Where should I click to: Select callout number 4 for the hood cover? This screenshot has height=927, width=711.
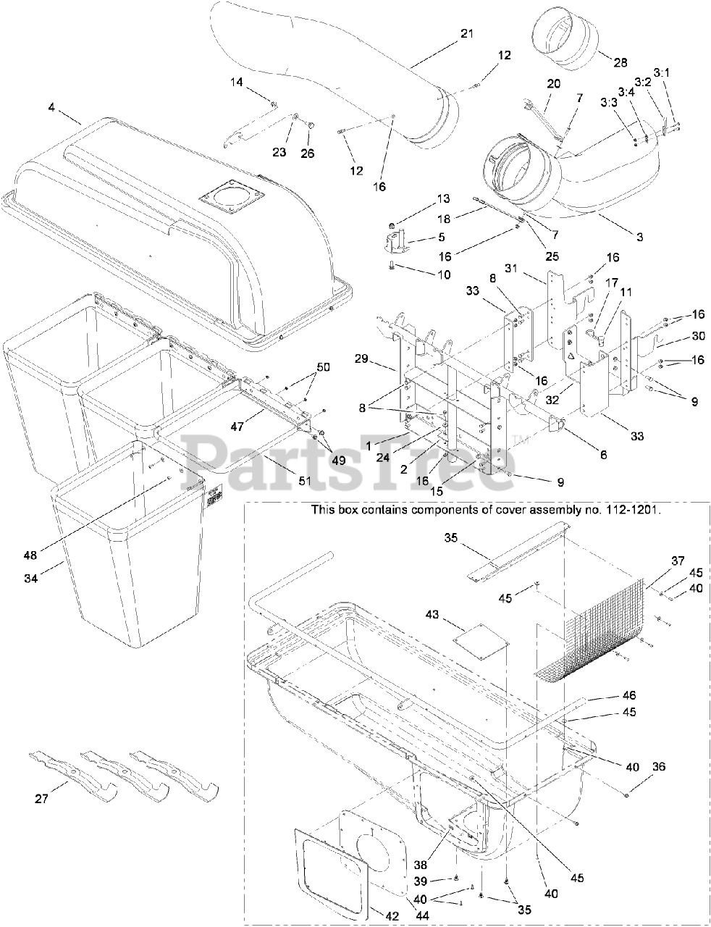[51, 107]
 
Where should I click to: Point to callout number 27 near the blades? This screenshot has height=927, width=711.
[41, 800]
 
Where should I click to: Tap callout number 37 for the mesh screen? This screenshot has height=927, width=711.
[678, 561]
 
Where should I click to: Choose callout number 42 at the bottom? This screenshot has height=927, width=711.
[391, 916]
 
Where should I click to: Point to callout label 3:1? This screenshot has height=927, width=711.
[662, 73]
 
